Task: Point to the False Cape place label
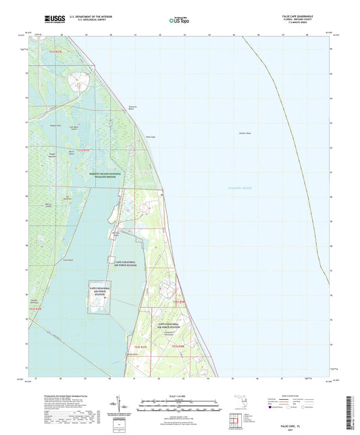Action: coord(151,137)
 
